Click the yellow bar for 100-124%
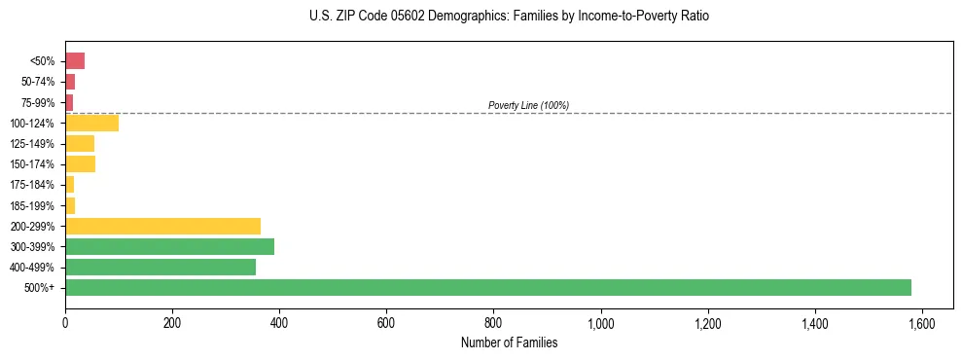click(91, 123)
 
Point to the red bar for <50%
click(75, 61)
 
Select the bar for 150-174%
click(80, 164)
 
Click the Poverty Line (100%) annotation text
click(528, 105)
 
